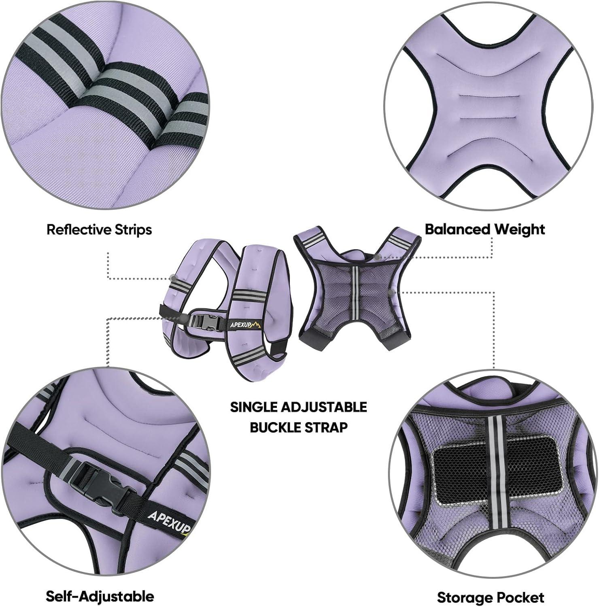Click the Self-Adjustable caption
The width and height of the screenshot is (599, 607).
(100, 596)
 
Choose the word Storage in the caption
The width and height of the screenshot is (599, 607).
(465, 598)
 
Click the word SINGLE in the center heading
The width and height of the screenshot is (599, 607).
(253, 407)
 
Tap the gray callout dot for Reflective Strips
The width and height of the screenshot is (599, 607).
(173, 278)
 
